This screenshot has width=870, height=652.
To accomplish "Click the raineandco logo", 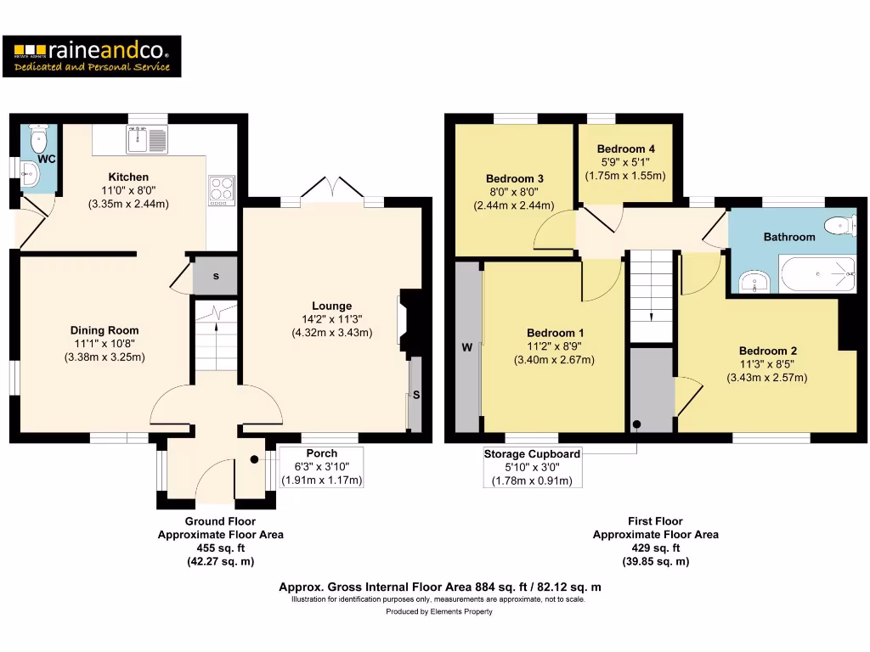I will [92, 56].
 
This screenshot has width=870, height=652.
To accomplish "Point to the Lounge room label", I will [331, 306].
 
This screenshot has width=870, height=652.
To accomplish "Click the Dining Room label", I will [105, 330].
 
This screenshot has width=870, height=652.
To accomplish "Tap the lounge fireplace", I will [407, 321].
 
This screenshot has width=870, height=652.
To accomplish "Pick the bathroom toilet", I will [840, 225].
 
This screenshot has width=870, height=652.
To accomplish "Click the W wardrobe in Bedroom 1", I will [466, 346].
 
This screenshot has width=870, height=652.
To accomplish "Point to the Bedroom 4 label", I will [625, 149].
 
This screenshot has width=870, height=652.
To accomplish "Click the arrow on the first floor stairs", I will [652, 315].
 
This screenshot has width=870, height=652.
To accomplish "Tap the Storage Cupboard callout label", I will [532, 454].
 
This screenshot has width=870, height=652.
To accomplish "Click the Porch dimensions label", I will [321, 467].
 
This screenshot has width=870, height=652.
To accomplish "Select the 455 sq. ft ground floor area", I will [220, 548].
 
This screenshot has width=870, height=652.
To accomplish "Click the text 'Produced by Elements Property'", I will [438, 611].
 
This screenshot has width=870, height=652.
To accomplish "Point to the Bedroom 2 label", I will [767, 351].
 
